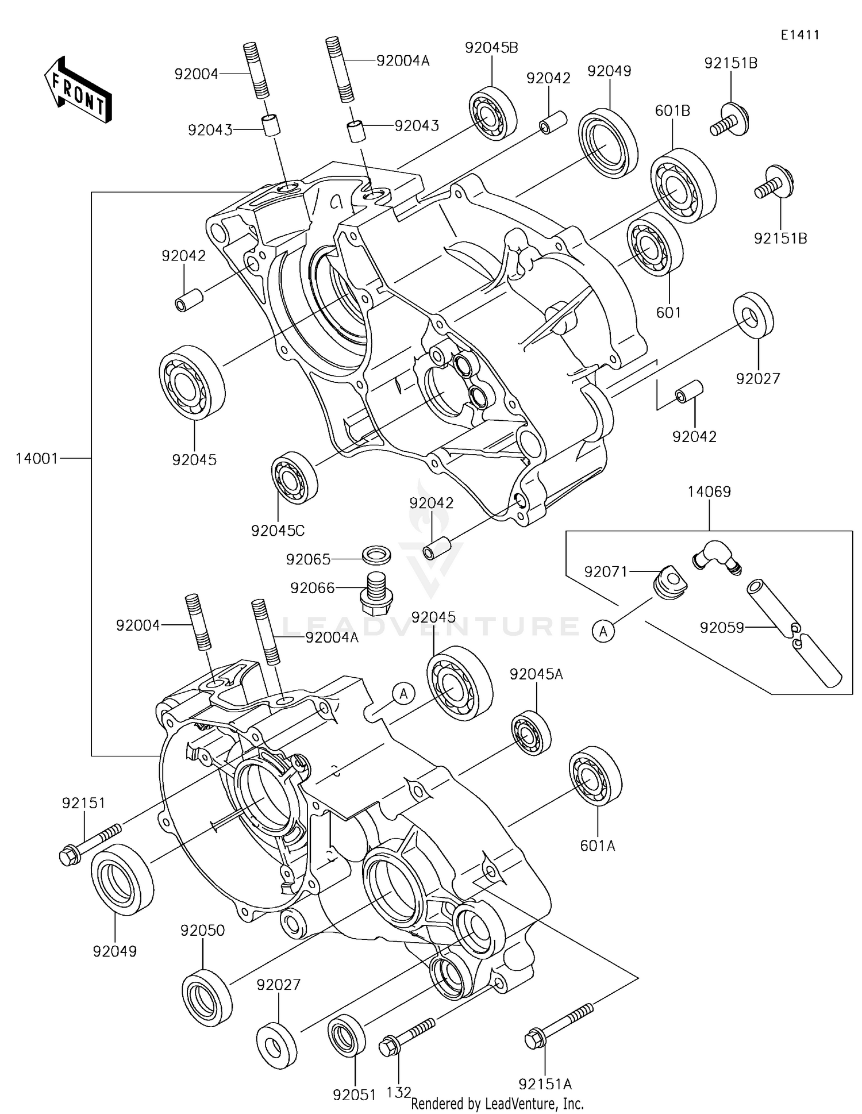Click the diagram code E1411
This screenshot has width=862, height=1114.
pyautogui.click(x=799, y=35)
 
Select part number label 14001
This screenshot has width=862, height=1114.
pyautogui.click(x=37, y=458)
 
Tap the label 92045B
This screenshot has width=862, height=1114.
pyautogui.click(x=491, y=48)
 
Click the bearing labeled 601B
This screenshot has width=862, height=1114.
pyautogui.click(x=683, y=186)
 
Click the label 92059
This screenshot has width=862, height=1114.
pyautogui.click(x=721, y=628)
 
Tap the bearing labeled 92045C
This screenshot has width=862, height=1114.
pyautogui.click(x=294, y=478)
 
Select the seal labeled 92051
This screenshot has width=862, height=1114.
pyautogui.click(x=347, y=1035)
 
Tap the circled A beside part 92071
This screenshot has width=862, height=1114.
pyautogui.click(x=603, y=632)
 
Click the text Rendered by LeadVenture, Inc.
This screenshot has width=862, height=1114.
pyautogui.click(x=497, y=1104)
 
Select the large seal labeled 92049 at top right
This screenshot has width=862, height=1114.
pyautogui.click(x=607, y=141)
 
